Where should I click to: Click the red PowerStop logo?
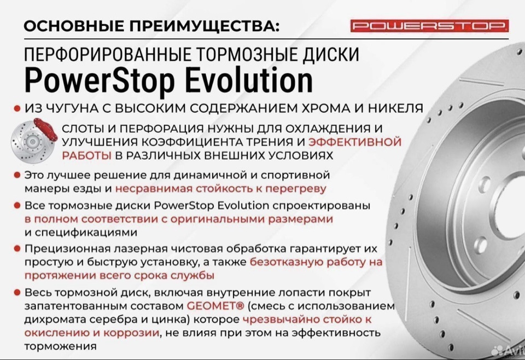(430, 26)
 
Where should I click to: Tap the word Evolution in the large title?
(249, 81)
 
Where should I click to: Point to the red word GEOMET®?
(215, 306)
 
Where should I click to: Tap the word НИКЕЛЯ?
(396, 108)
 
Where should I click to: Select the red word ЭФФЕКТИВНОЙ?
(354, 142)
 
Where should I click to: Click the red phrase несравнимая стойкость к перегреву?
(220, 189)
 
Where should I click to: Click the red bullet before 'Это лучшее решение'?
(17, 175)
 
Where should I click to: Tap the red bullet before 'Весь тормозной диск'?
(17, 292)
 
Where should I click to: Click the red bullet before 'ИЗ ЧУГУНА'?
(17, 108)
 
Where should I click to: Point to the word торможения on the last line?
(61, 346)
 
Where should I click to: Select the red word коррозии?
(131, 333)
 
